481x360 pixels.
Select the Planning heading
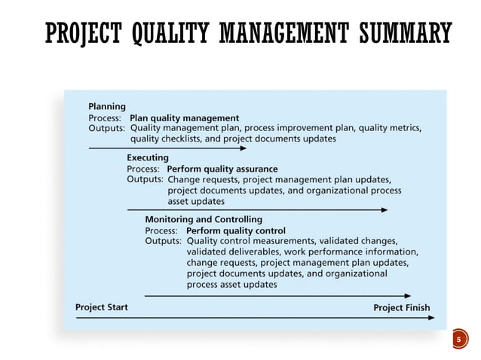[107, 106]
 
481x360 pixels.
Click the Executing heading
[148, 158]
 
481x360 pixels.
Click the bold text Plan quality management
[185, 117]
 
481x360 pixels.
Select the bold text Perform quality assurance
[222, 169]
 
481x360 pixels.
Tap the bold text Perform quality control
[236, 230]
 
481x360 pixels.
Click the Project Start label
[102, 307]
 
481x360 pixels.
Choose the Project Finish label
[402, 307]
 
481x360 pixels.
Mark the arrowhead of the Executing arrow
[384, 209]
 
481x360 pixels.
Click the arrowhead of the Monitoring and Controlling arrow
[407, 296]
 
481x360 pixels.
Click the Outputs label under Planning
[106, 128]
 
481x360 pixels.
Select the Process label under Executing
[143, 169]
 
